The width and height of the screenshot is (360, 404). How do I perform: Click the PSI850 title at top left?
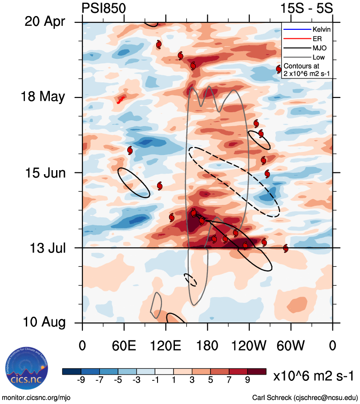click(x=104, y=8)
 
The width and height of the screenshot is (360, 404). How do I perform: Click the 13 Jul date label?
click(x=44, y=248)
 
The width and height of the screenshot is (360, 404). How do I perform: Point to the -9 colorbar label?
click(x=81, y=380)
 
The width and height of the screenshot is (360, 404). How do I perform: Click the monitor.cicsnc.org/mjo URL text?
click(x=36, y=397)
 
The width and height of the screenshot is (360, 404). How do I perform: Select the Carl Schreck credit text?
click(x=304, y=397)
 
